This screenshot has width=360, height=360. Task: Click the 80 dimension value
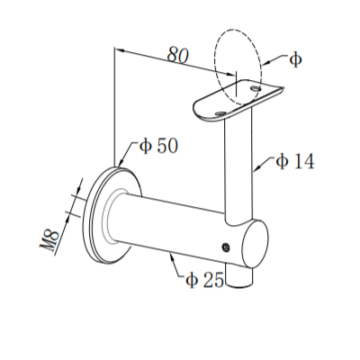177,56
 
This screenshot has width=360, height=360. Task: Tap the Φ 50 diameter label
157,146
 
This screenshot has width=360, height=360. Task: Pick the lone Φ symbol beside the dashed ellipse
296,59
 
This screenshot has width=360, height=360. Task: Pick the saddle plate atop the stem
236,101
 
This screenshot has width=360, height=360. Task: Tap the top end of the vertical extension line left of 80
114,49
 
